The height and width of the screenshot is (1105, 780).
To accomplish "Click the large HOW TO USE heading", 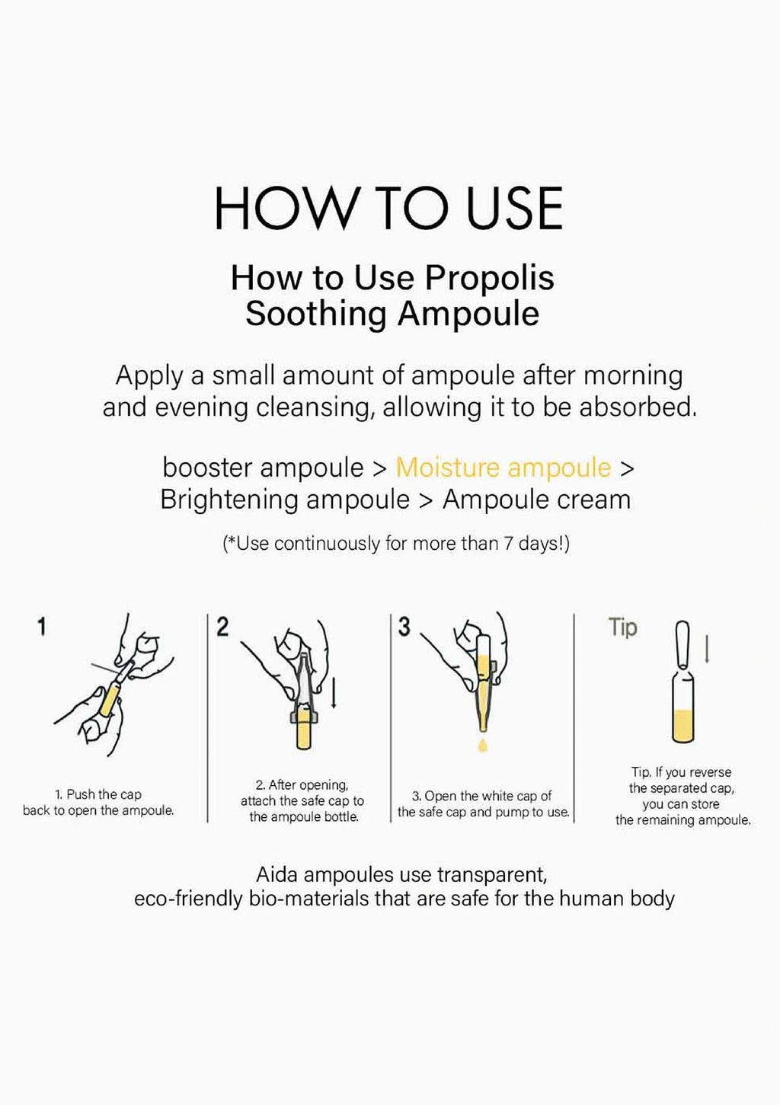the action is pos(388,208).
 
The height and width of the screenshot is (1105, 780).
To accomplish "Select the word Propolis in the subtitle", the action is pos(489,278).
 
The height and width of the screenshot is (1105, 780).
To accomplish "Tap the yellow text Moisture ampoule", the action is pos(503,468).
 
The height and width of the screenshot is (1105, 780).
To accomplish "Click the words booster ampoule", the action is pos(263,467).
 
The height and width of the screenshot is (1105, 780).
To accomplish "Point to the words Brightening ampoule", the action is pos(285,500).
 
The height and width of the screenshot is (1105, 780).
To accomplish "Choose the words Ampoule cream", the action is pos(537,500).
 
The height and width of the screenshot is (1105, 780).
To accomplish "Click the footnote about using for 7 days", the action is pos(396,544).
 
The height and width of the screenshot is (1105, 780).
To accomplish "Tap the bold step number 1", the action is pos(42,627).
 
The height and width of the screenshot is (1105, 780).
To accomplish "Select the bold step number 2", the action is pos(222,627).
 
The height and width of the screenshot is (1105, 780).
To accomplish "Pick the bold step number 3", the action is pos(404,627).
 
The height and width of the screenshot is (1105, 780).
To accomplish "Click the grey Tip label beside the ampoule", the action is pos(622,628).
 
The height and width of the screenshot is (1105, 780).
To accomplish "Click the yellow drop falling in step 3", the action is pos(482,744).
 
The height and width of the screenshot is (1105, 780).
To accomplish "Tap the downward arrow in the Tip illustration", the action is pos(707,648).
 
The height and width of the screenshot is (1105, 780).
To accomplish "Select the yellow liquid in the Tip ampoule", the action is pos(682,725).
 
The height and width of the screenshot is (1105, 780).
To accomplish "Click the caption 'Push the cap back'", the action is pos(98,802).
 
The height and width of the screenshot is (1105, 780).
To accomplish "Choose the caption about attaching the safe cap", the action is pos(302,800).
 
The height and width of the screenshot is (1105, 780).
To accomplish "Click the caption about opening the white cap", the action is pos(483,803).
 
